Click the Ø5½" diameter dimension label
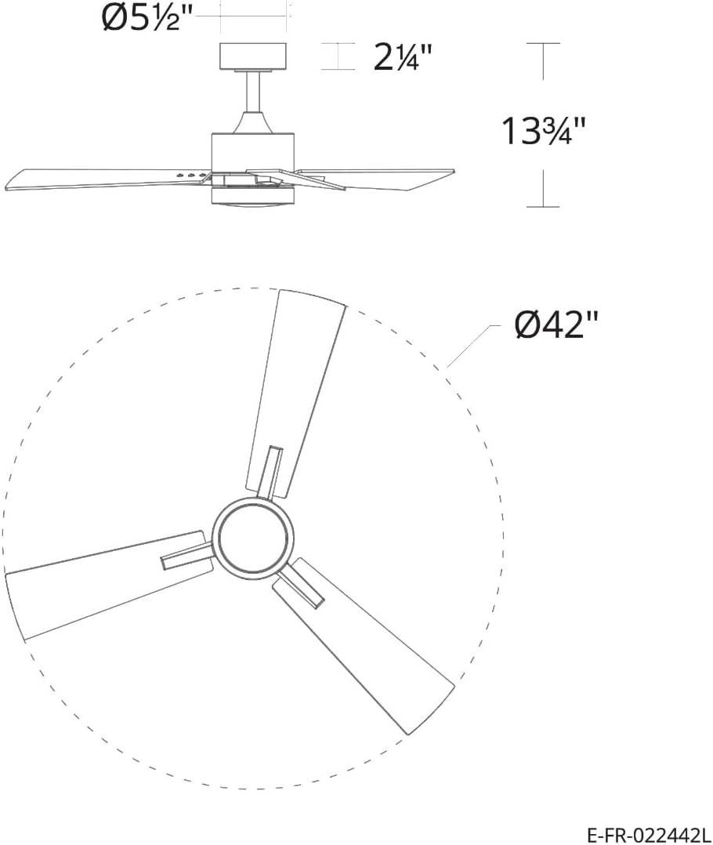(x=147, y=18)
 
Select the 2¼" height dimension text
(x=403, y=57)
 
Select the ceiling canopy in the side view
(x=253, y=56)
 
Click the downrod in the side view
(x=253, y=92)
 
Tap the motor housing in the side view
(x=252, y=150)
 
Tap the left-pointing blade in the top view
(x=94, y=584)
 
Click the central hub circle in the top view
(x=253, y=539)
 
